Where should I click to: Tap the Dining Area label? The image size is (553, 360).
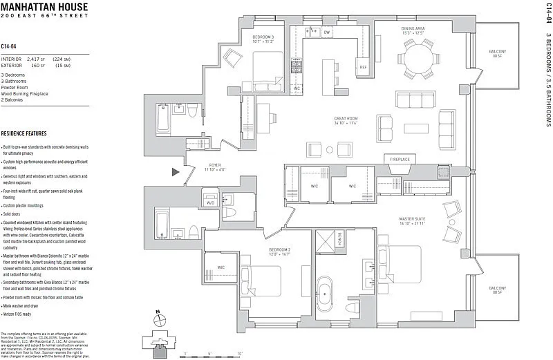tap(413, 28)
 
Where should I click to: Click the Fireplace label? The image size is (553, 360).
tap(400, 159)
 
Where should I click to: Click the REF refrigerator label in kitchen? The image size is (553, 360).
tap(362, 67)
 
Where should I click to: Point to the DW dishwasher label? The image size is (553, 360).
tap(327, 32)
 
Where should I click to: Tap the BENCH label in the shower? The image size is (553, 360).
tap(339, 238)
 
